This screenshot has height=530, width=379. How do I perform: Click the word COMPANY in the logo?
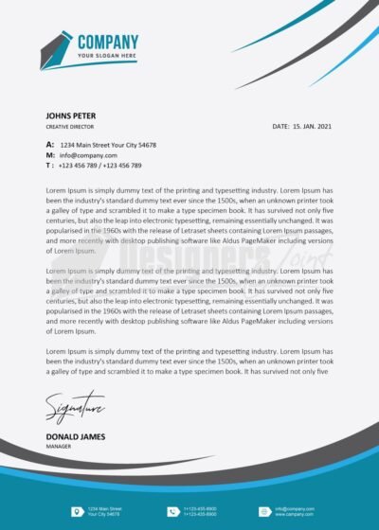click(107, 42)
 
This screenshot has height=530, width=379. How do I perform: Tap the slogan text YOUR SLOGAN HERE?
click(107, 56)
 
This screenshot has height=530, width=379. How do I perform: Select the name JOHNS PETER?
click(71, 115)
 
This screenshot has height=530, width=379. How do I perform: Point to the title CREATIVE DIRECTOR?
click(69, 126)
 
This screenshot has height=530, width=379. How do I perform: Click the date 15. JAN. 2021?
click(312, 126)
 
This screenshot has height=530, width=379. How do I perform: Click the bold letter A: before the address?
click(50, 145)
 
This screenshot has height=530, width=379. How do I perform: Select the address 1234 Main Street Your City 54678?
click(108, 145)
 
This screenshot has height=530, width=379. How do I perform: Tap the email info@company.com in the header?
click(88, 155)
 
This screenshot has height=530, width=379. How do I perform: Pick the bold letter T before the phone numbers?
click(48, 166)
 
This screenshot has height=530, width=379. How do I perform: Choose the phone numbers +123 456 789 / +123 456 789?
click(99, 166)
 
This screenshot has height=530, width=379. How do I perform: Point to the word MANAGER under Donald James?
click(60, 445)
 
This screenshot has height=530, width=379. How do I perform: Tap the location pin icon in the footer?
click(76, 512)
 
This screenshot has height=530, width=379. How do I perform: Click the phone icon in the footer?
click(172, 512)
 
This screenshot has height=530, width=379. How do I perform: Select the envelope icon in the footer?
click(264, 512)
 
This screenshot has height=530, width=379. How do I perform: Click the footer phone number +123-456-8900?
click(199, 508)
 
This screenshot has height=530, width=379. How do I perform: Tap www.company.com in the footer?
click(294, 514)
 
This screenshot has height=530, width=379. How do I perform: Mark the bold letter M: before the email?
click(50, 155)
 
